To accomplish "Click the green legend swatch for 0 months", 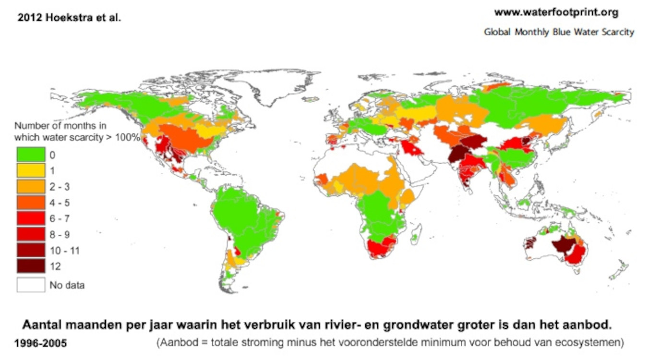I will point(31,154).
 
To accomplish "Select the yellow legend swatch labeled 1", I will point(31,170).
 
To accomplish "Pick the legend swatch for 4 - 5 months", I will point(31,202).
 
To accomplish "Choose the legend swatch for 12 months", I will point(31,266).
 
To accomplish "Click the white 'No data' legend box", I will point(31,285).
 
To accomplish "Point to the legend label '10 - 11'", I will point(65,251).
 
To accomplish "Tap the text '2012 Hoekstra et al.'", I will point(70,18).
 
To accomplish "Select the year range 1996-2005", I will point(41,344).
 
